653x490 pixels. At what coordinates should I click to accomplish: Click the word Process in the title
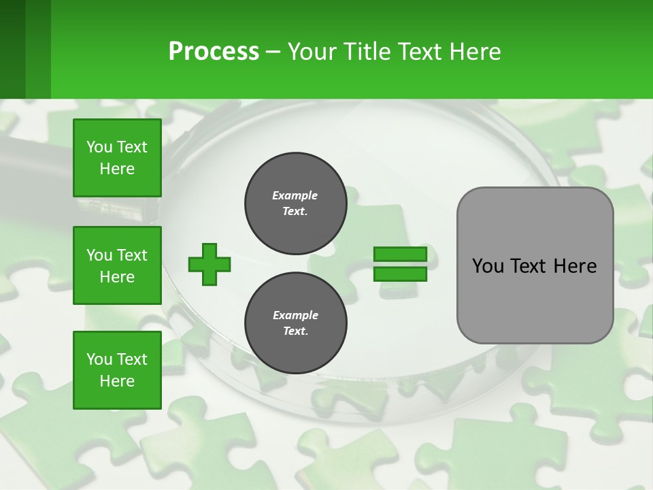click(x=214, y=52)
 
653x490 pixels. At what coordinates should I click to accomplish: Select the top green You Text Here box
click(x=117, y=158)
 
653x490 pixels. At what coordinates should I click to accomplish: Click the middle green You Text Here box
click(x=117, y=265)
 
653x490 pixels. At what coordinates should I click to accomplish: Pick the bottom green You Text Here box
click(x=117, y=370)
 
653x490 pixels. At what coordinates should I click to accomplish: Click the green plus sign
click(x=210, y=264)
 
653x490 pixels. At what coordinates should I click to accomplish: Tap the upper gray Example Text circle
click(x=295, y=203)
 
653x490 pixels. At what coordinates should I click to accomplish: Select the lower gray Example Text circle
click(x=295, y=323)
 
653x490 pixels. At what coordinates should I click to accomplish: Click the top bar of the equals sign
click(x=400, y=254)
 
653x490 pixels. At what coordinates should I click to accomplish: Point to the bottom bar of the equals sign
click(x=400, y=274)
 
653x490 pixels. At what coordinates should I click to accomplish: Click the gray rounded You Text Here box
click(x=535, y=265)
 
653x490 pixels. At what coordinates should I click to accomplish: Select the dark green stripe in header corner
click(x=12, y=49)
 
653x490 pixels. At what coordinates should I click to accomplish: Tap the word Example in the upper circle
click(x=295, y=195)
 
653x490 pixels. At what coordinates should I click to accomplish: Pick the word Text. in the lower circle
click(x=295, y=331)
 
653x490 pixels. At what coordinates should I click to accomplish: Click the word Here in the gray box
click(x=575, y=266)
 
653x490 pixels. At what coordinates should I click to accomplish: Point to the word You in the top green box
click(x=99, y=147)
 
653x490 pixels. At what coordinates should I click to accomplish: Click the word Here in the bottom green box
click(x=117, y=381)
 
